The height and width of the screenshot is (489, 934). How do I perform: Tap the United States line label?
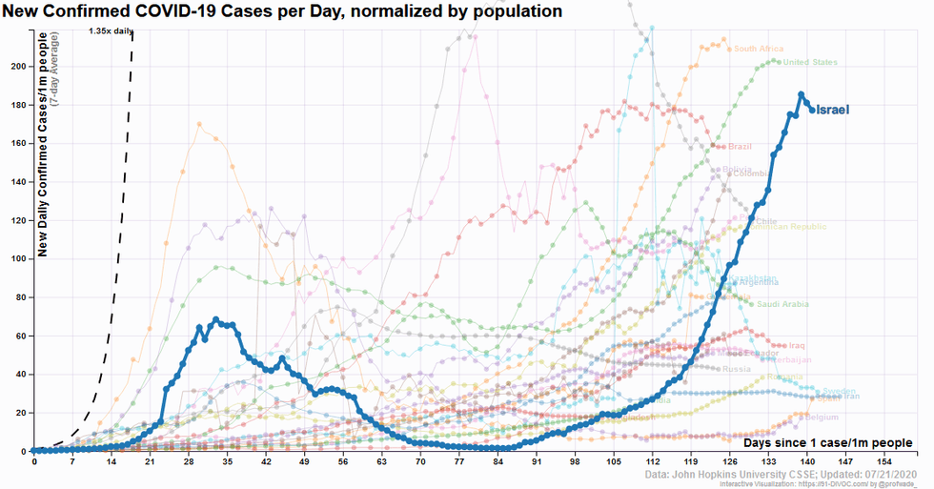click(810, 63)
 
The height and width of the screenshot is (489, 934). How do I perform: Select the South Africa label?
click(759, 50)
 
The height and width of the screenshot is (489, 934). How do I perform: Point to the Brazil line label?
click(740, 147)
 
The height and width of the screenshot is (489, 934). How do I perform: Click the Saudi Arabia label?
click(782, 304)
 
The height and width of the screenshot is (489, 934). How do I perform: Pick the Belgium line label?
click(822, 418)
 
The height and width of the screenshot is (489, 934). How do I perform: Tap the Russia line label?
click(737, 369)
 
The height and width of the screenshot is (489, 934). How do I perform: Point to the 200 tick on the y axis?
click(19, 66)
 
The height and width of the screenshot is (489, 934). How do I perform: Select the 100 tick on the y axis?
click(19, 258)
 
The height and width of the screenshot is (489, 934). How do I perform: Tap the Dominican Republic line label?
click(795, 227)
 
